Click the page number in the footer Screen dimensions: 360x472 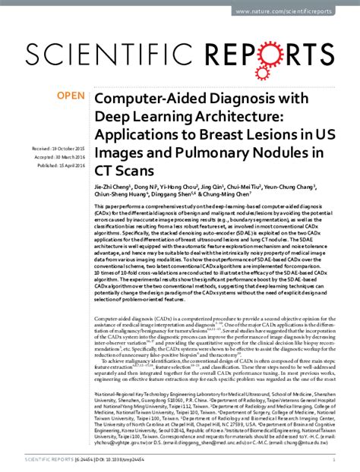335,460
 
